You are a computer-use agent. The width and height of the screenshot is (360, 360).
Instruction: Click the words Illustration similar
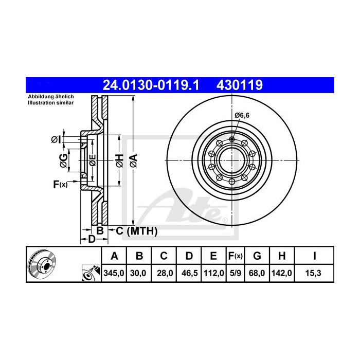pos(50,103)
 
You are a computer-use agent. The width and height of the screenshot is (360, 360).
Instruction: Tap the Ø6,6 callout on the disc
pos(242,116)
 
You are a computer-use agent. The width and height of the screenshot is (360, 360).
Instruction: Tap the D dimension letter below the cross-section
pos(91,239)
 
